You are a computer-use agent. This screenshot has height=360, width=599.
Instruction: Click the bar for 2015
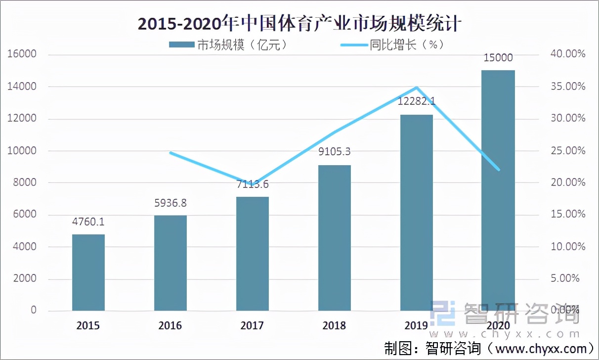coord(88,272)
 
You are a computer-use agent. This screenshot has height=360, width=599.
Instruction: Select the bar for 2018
coord(334,238)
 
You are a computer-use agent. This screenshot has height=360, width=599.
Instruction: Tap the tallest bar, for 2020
coord(498,190)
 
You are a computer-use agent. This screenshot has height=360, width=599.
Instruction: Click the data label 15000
coord(498,58)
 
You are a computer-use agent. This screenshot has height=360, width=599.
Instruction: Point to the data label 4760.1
coord(89,222)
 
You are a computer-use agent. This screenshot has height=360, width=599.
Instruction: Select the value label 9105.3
coord(334,152)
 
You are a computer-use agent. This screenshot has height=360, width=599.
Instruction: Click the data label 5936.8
coord(171,203)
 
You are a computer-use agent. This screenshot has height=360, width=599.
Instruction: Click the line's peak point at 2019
coord(417,88)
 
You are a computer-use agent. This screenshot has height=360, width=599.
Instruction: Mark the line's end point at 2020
coord(498,170)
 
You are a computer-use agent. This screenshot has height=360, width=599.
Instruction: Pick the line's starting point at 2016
coord(171,153)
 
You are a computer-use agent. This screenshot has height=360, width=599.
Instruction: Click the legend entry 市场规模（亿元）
coord(228,45)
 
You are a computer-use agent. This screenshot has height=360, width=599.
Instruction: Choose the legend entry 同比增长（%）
coord(393,45)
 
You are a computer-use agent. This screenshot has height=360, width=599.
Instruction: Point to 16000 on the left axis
coord(22,54)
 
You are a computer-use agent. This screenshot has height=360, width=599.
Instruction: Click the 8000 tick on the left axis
coord(25,182)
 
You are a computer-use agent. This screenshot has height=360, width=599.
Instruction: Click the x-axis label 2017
coord(252,325)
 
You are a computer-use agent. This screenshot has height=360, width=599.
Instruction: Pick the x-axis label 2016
coord(170,325)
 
